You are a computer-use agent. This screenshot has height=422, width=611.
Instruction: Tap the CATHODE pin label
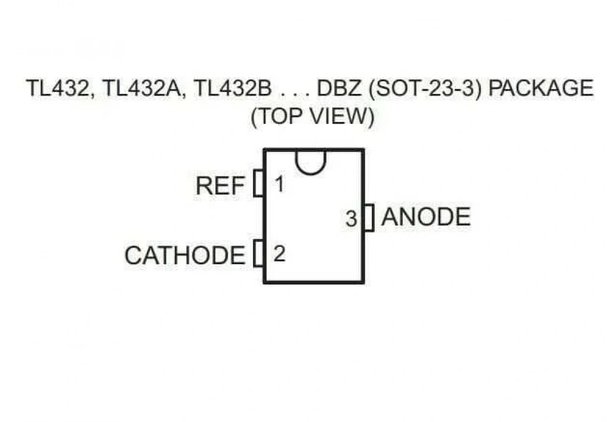tap(185, 255)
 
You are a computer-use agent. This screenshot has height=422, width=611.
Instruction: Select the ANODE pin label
tap(426, 216)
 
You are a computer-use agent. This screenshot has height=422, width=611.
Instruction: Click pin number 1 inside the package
tap(279, 184)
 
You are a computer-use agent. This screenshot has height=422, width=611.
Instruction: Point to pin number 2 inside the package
tap(279, 254)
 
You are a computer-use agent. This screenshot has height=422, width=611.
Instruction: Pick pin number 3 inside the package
tap(351, 219)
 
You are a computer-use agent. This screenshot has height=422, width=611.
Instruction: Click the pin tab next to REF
tap(258, 183)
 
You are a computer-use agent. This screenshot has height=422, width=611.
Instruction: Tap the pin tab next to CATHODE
tap(258, 253)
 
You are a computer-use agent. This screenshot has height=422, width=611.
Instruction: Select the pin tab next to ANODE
tap(369, 218)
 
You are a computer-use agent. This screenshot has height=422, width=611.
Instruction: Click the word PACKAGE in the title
tap(541, 88)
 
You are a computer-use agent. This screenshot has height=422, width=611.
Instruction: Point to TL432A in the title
tap(143, 88)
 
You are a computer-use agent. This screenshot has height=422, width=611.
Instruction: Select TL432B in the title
tap(232, 88)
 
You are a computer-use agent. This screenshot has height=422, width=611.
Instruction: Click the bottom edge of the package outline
tap(314, 282)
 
